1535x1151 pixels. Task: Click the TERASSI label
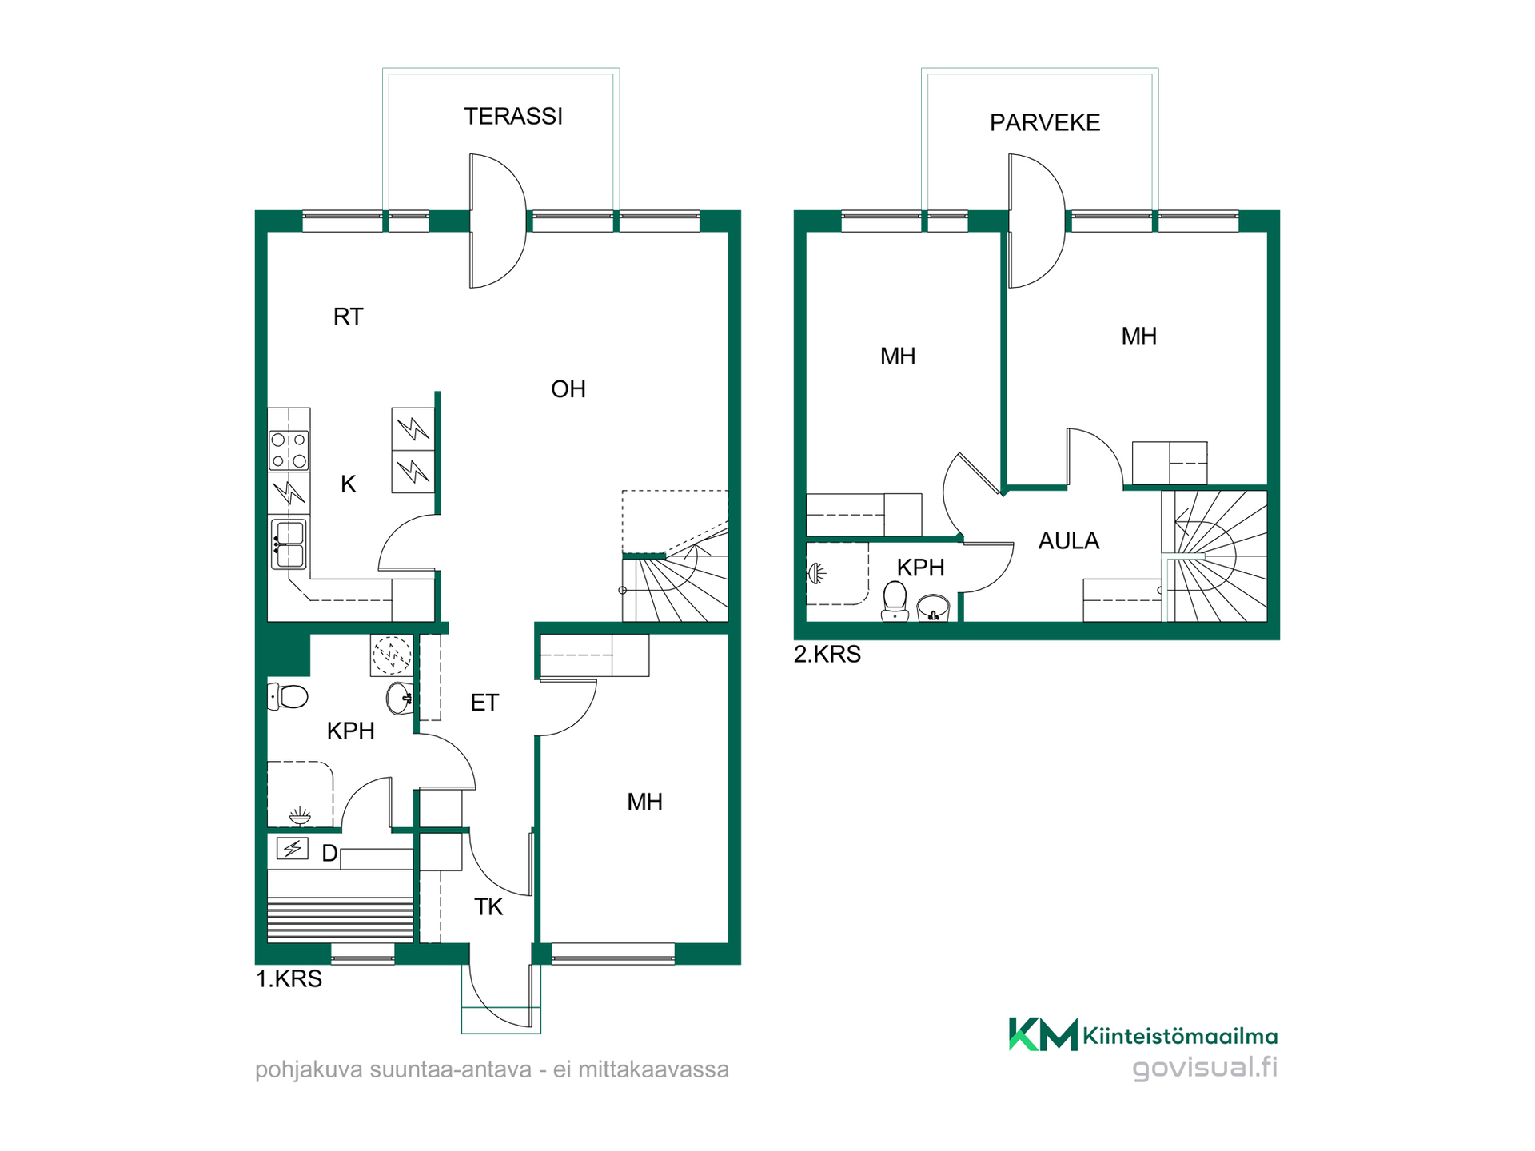point(513,117)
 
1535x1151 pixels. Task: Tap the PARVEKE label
point(1045,123)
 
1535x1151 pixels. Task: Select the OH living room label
point(568,389)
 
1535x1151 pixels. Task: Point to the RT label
point(348,317)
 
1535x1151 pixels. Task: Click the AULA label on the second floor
point(1069,541)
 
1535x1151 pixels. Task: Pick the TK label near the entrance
point(488,907)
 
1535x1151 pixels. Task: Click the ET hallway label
point(484,703)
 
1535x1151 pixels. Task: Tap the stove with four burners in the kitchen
point(289,450)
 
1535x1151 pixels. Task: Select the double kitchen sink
point(289,544)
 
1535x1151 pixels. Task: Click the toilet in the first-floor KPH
point(288,696)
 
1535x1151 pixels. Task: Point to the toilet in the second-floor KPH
point(895,601)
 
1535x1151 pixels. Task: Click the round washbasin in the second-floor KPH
point(933,607)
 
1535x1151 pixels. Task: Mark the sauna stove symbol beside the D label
point(292,848)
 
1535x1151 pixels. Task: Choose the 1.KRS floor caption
point(289,979)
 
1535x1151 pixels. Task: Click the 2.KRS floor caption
point(827,655)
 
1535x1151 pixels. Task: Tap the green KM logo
point(1043,1034)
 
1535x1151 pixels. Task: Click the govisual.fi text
point(1205,1068)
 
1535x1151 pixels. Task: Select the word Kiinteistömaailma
point(1180,1037)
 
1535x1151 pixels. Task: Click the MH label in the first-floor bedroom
point(644,803)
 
